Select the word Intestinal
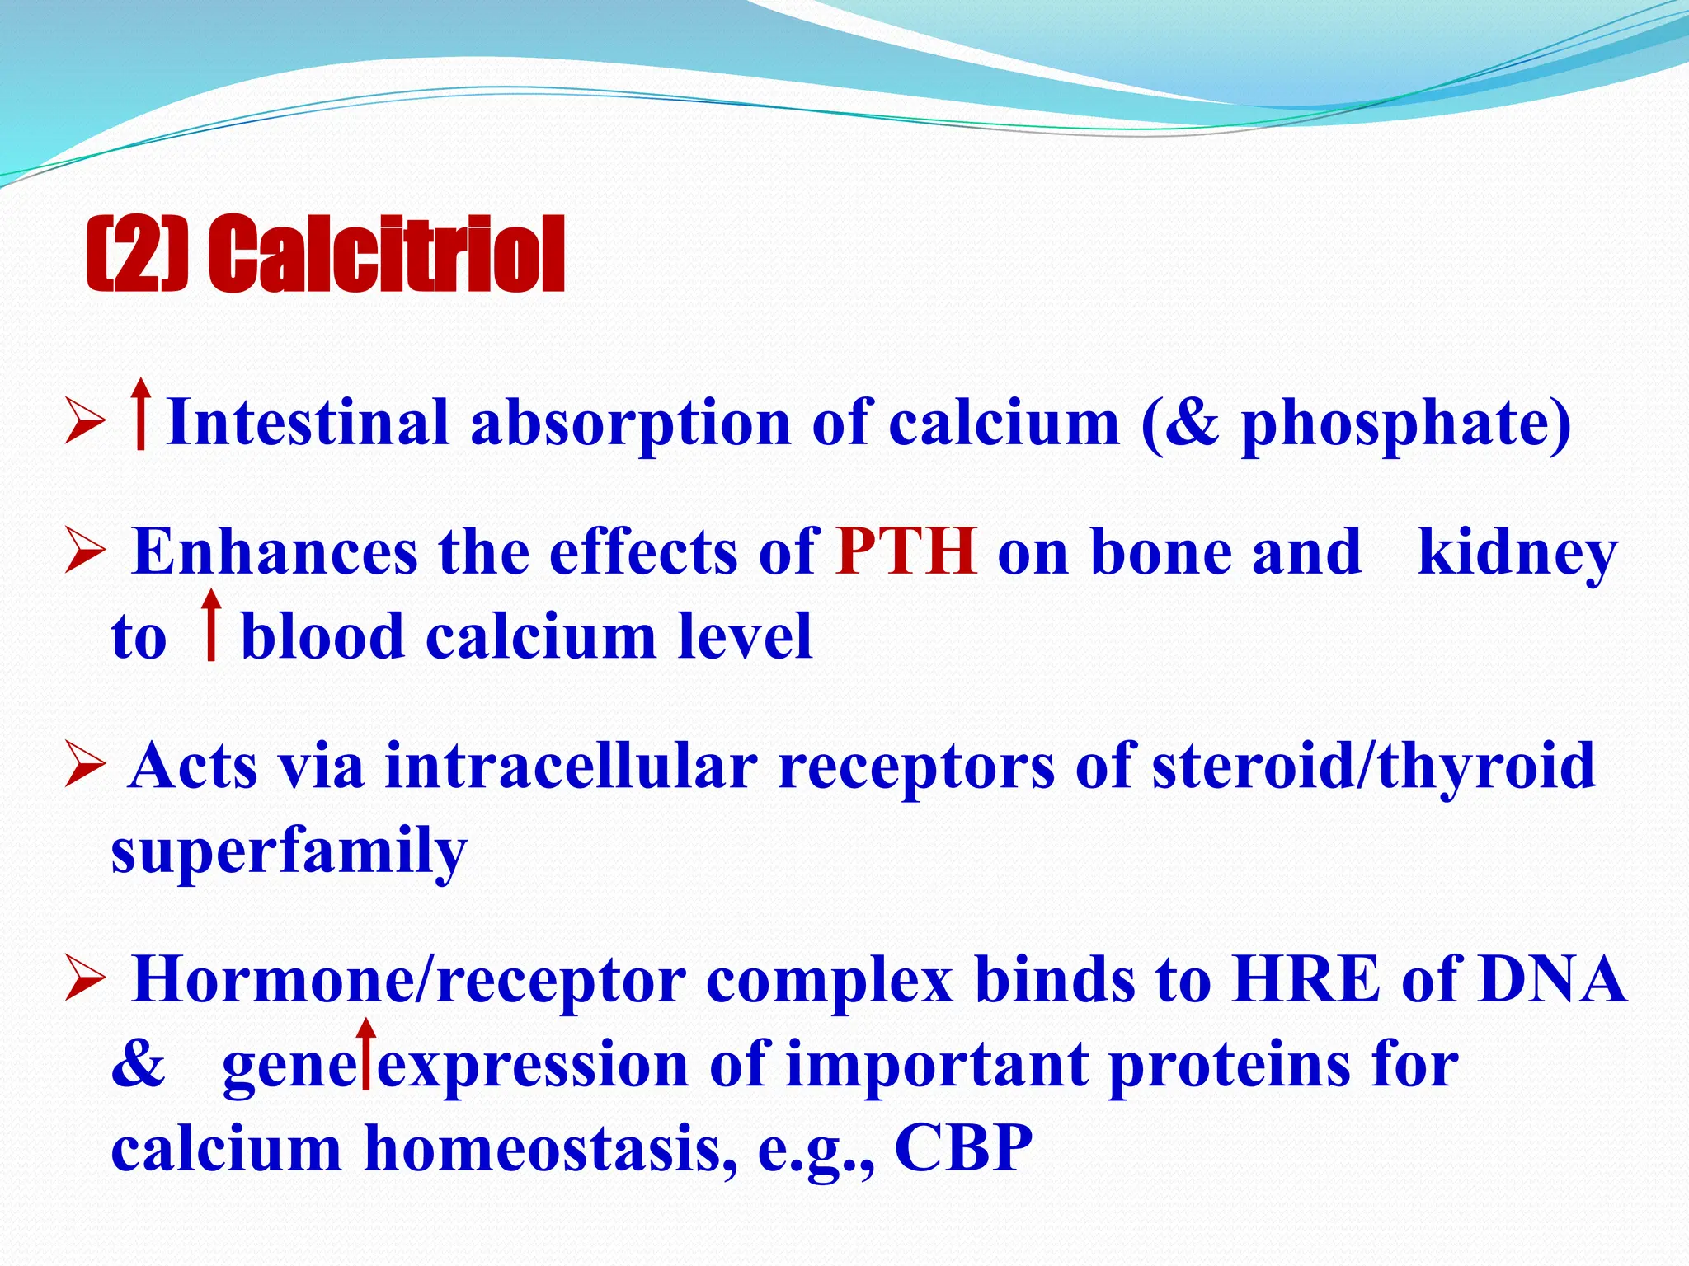tap(308, 422)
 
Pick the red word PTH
tap(906, 551)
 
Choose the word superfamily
tap(289, 851)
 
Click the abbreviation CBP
tap(963, 1147)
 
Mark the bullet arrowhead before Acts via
tap(84, 763)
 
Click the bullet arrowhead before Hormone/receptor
tap(84, 978)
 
